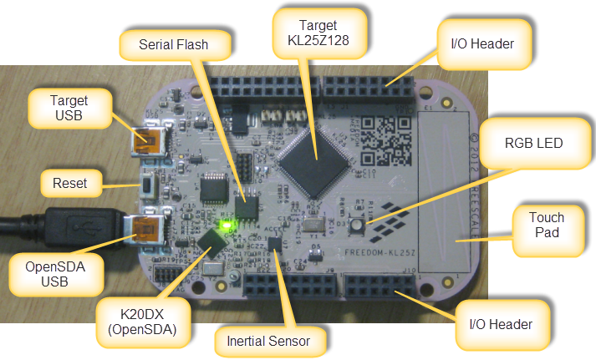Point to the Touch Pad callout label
click(x=547, y=226)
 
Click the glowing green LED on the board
click(x=223, y=226)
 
